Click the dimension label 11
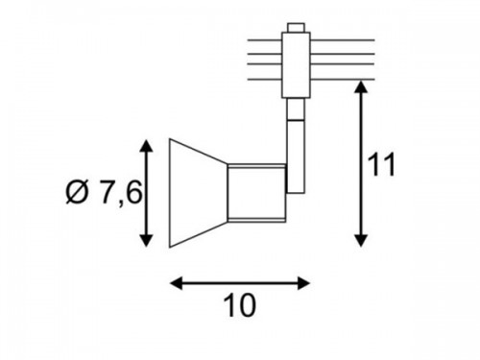pyautogui.click(x=381, y=164)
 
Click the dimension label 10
pyautogui.click(x=240, y=305)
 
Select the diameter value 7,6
pyautogui.click(x=121, y=193)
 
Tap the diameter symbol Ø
pyautogui.click(x=78, y=193)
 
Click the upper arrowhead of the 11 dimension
pyautogui.click(x=361, y=87)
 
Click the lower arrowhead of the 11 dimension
pyautogui.click(x=361, y=241)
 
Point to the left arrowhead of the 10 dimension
pyautogui.click(x=176, y=283)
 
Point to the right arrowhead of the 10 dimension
pyautogui.click(x=303, y=283)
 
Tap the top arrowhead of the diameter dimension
pyautogui.click(x=146, y=146)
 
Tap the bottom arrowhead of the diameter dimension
pyautogui.click(x=146, y=241)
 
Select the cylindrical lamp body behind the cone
pyautogui.click(x=256, y=193)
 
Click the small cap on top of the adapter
pyautogui.click(x=296, y=28)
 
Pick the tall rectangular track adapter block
pyautogui.click(x=296, y=64)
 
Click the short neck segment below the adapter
pyautogui.click(x=296, y=108)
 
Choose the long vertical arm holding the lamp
pyautogui.click(x=296, y=156)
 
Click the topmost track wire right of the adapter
pyautogui.click(x=343, y=40)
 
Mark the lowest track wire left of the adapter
pyautogui.click(x=265, y=79)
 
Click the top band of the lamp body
pyautogui.click(x=256, y=166)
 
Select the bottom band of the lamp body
pyautogui.click(x=256, y=220)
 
